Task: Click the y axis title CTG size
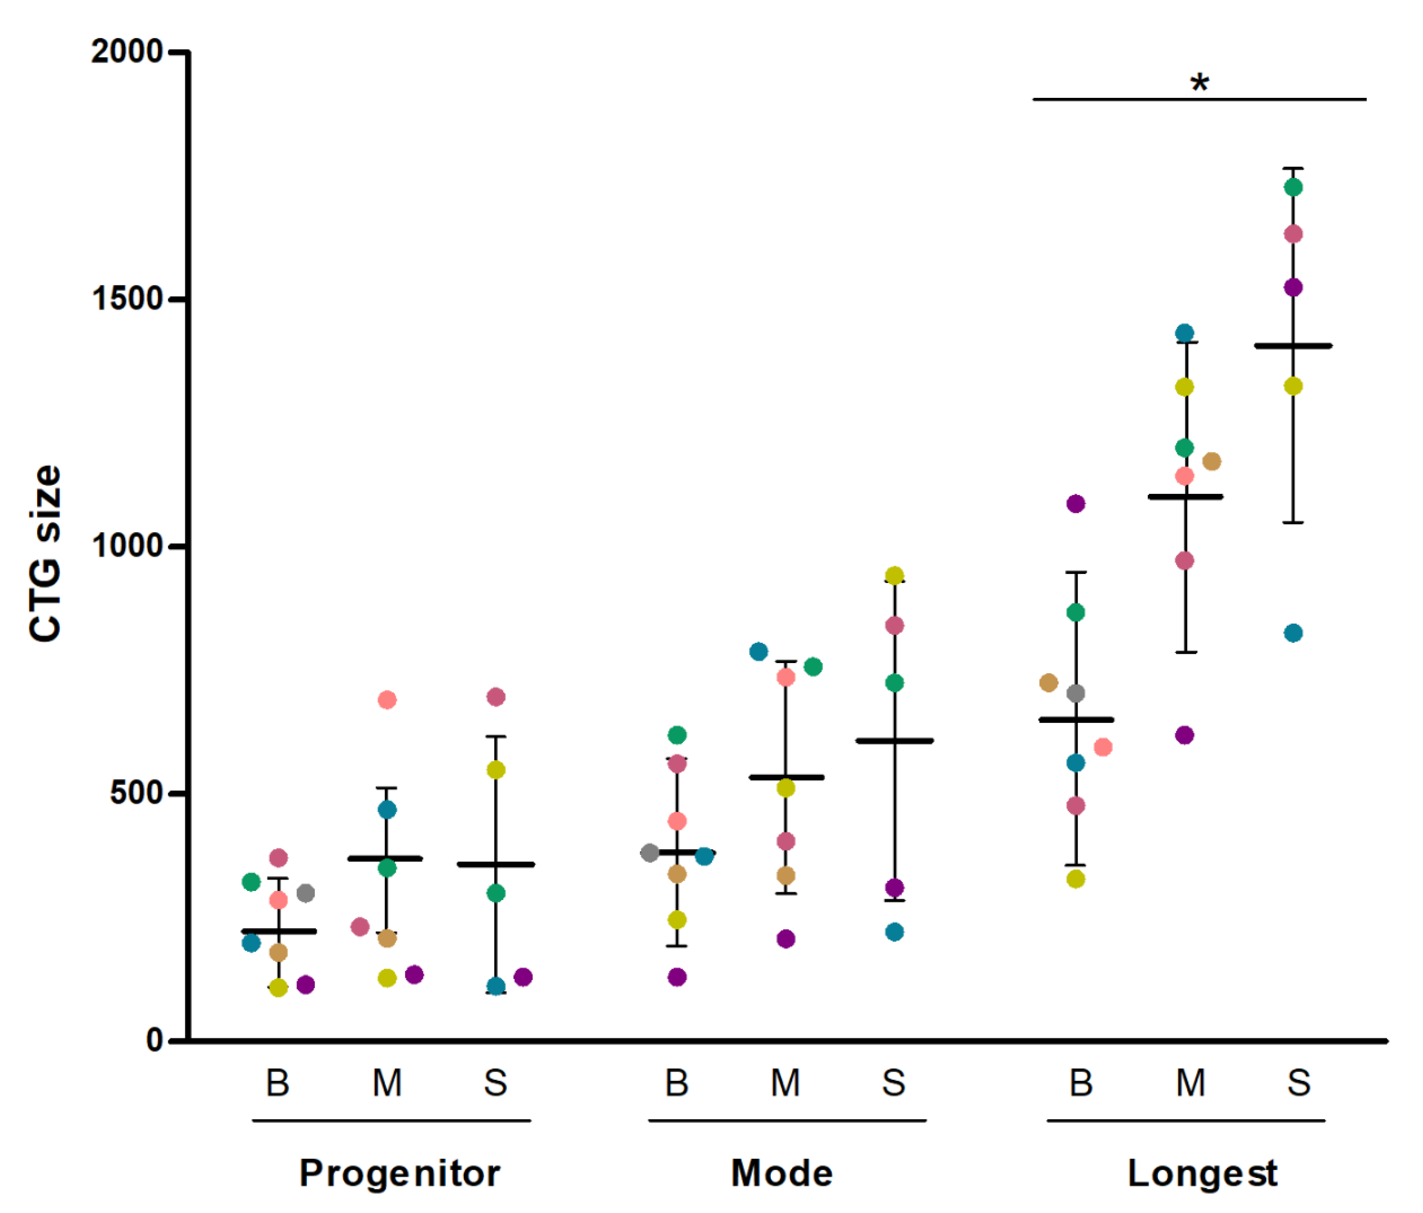45,552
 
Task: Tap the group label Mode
782,1173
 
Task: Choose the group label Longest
1202,1173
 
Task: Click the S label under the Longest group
1298,1083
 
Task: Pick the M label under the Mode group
785,1083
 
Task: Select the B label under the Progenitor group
278,1083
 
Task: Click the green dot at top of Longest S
1293,187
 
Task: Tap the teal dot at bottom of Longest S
1293,633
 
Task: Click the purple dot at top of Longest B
1076,504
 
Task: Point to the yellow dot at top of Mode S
894,575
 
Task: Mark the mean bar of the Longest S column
1293,346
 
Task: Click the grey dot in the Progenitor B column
306,893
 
